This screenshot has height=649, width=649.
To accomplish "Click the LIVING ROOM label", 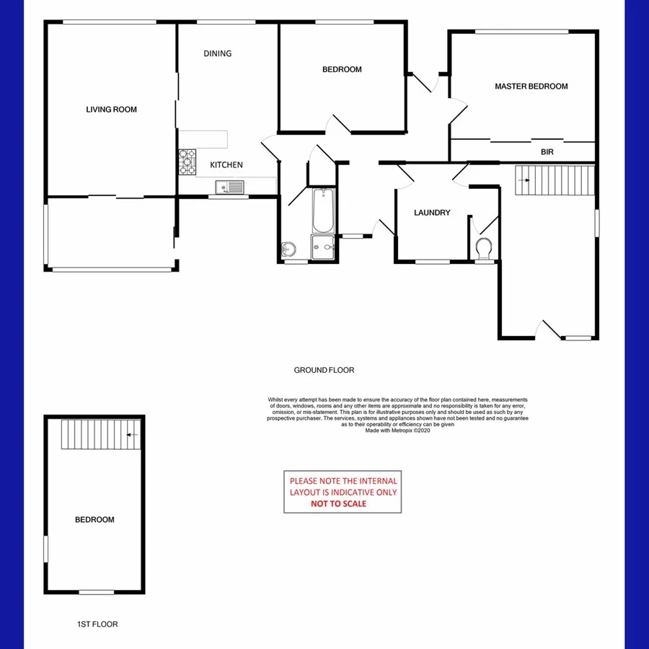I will (x=111, y=110).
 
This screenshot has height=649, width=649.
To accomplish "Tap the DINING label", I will (x=217, y=53).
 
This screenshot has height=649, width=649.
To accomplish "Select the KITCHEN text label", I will (x=226, y=165).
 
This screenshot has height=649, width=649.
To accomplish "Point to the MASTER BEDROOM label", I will (x=531, y=87).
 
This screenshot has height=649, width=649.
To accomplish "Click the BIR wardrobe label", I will (x=547, y=153).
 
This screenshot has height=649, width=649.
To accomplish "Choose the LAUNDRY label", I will (x=432, y=213).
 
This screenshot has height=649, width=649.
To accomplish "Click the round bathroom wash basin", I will (x=288, y=250).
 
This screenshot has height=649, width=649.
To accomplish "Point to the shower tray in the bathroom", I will (x=324, y=247).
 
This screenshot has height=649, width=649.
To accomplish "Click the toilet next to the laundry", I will (x=485, y=248).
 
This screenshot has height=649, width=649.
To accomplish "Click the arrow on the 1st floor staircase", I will (x=132, y=434).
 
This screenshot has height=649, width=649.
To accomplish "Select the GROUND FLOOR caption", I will (x=324, y=370).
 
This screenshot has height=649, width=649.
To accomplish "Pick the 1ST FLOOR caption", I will (x=97, y=624).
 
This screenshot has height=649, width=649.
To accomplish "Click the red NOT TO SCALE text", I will (x=338, y=503).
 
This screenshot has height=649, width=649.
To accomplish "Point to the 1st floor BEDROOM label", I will (x=94, y=519).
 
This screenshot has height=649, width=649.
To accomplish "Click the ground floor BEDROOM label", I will (x=342, y=70).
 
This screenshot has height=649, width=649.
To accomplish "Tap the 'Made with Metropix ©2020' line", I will (x=397, y=431).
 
